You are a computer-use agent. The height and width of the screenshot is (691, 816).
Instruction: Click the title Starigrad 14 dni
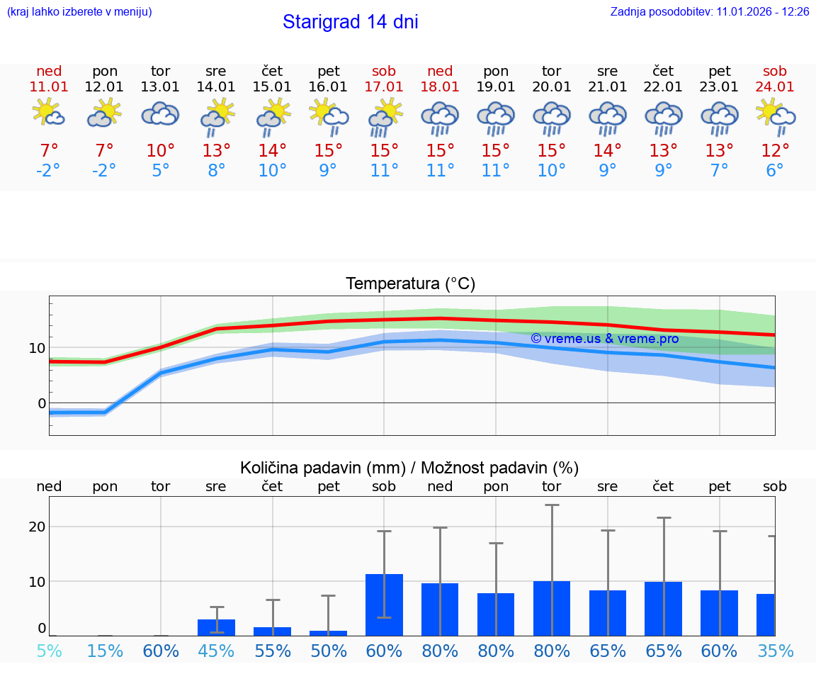(350, 22)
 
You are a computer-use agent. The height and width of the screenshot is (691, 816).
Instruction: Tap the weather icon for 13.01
(161, 114)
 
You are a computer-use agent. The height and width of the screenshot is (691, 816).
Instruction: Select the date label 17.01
(384, 86)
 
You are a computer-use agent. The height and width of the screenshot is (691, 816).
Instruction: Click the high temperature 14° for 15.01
(272, 151)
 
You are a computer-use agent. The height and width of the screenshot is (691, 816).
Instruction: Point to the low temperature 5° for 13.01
(161, 171)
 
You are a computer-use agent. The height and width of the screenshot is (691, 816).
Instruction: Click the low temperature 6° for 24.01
(775, 171)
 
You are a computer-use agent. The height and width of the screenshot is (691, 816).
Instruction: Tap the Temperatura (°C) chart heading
(410, 284)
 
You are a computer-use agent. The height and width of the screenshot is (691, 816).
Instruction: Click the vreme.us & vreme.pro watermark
(604, 339)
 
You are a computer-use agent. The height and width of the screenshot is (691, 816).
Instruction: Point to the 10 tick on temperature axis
(37, 348)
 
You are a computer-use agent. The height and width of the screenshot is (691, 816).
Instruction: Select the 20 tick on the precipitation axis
(37, 527)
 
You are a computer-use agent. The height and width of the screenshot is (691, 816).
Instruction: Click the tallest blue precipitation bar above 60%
(384, 605)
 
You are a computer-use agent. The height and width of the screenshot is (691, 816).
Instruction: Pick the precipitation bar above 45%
(216, 627)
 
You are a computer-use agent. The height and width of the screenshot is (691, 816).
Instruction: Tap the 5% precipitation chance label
(49, 651)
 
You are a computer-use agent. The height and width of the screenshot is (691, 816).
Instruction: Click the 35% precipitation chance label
(775, 651)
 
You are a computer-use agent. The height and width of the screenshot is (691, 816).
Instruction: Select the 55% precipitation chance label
(272, 651)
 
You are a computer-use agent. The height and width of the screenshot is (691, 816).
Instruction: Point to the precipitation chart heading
(409, 468)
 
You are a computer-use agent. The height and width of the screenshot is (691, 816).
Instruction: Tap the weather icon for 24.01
(775, 114)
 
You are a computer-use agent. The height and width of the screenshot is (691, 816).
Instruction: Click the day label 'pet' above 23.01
(719, 71)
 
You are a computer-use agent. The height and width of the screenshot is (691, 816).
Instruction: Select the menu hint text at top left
(79, 11)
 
